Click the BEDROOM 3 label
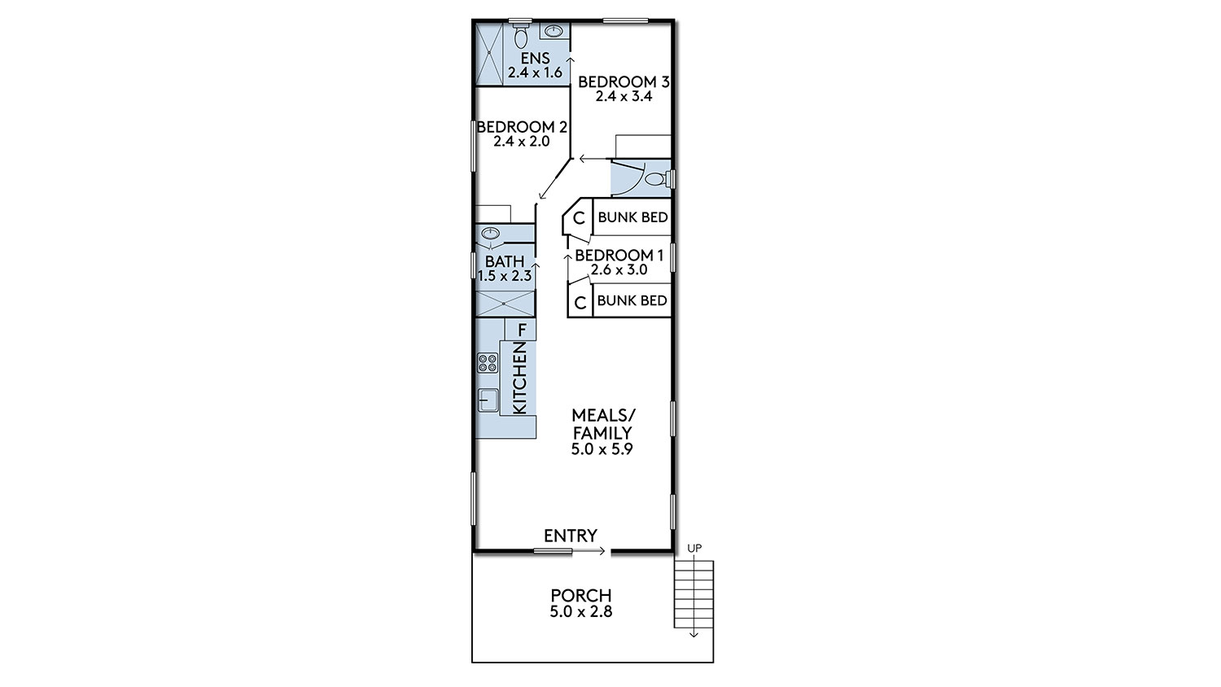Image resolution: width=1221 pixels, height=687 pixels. click(624, 81)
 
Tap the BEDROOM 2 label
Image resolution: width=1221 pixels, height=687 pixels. click(523, 127)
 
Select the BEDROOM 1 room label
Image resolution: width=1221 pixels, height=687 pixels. click(619, 255)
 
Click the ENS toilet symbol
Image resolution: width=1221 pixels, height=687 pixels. click(521, 34)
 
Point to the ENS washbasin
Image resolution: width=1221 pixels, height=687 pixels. click(554, 31)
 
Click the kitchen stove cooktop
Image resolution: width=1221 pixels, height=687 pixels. click(488, 362)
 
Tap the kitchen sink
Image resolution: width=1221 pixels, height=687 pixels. click(488, 400)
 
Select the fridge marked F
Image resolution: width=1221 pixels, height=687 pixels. click(521, 330)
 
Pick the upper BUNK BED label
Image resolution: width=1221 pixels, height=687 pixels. click(632, 217)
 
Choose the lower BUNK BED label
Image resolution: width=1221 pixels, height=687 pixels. click(632, 300)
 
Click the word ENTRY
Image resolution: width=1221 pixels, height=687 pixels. click(571, 536)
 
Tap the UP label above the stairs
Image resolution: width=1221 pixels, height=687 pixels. click(694, 548)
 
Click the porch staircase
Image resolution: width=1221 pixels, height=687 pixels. click(694, 593)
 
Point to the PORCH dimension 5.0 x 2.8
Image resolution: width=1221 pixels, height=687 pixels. click(581, 612)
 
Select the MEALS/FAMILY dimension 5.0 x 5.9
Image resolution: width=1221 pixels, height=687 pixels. click(602, 449)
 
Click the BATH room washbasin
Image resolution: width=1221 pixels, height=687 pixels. click(491, 234)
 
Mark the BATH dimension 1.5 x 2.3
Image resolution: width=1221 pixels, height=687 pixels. click(505, 276)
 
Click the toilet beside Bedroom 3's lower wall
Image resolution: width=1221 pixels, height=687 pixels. click(657, 179)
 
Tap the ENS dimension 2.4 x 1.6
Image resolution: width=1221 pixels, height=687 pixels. click(535, 72)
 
